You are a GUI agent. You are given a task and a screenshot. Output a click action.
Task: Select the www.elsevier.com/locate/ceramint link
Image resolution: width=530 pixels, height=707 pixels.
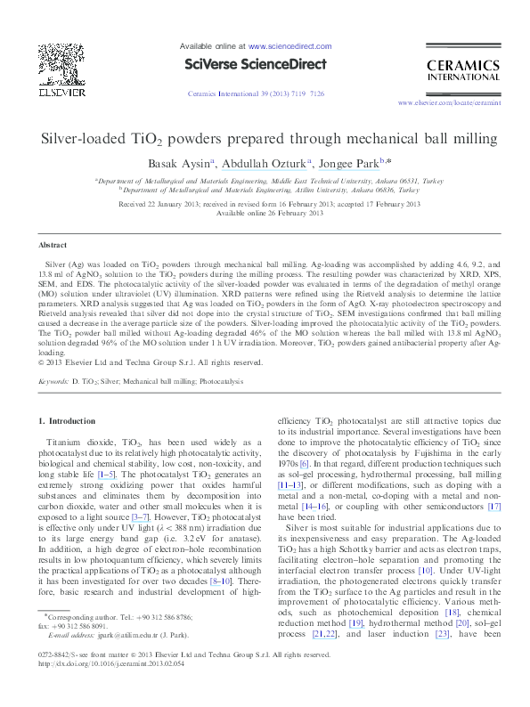point(453,103)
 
